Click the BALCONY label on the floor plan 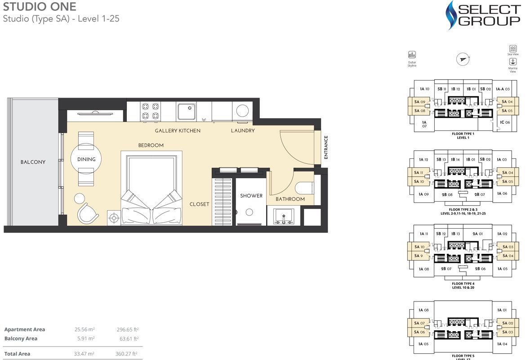[33, 162]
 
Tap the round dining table [86, 159]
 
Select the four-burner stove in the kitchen [150, 111]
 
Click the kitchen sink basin [186, 111]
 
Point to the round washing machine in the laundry [243, 111]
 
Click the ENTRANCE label [326, 148]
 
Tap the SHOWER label [251, 196]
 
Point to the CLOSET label [199, 204]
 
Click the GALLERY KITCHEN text [178, 131]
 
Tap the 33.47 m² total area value [84, 354]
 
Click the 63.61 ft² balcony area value [127, 338]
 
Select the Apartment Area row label [25, 329]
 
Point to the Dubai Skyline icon [412, 55]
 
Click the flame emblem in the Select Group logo [452, 15]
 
